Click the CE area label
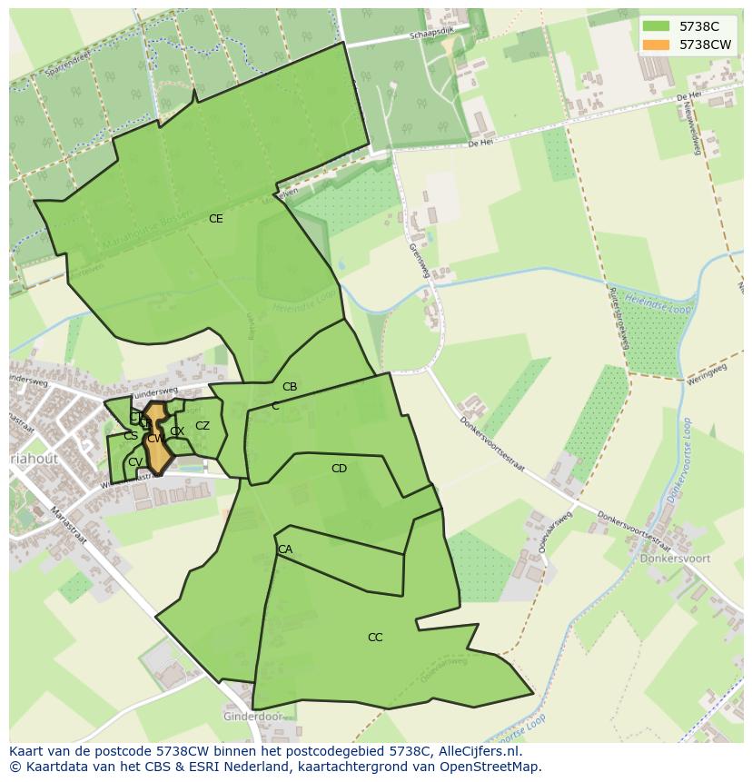(x=215, y=219)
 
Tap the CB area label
(x=290, y=387)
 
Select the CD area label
(x=339, y=469)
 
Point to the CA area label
(x=285, y=549)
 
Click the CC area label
(x=375, y=638)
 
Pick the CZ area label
(x=203, y=426)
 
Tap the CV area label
(x=134, y=462)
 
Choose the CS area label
(x=131, y=436)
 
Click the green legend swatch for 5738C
(x=655, y=26)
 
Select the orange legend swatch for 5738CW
(x=655, y=45)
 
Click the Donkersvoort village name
(x=675, y=559)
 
